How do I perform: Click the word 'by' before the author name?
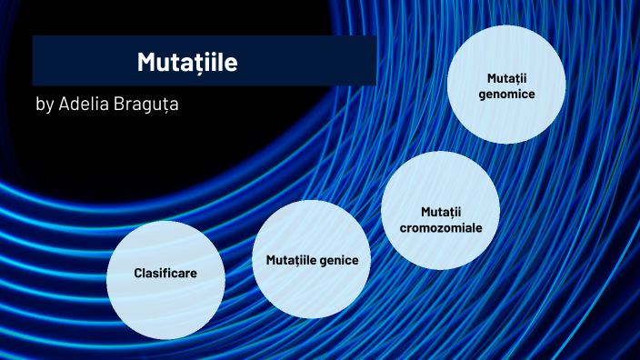[x=45, y=105]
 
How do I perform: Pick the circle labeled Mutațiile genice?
[x=312, y=260]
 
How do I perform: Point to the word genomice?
[x=506, y=94]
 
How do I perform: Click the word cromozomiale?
[x=441, y=228]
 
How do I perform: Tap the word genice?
[x=340, y=261]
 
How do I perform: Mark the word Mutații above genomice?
[x=506, y=77]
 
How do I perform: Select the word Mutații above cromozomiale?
[x=441, y=212]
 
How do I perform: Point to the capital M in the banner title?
[x=146, y=63]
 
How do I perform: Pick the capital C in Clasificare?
[x=138, y=273]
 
